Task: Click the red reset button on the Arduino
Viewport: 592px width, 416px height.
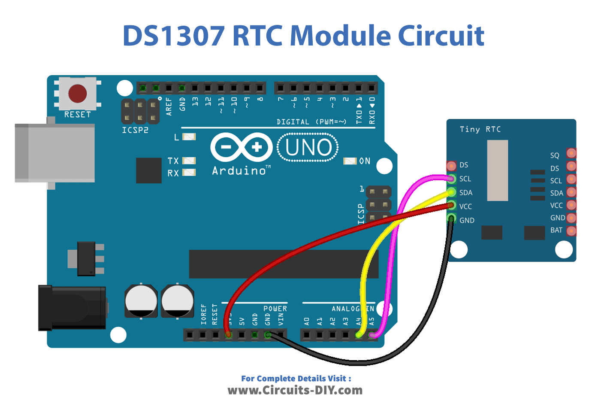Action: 77,93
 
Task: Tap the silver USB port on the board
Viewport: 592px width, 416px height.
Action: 55,153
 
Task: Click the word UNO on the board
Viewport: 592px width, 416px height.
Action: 308,148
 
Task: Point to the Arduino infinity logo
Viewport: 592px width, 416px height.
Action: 242,147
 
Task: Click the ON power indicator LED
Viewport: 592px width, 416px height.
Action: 350,161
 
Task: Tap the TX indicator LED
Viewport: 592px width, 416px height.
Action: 189,161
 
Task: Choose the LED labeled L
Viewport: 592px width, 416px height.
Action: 189,137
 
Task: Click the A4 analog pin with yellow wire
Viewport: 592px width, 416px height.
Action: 359,334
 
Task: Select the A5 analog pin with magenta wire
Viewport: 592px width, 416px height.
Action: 372,334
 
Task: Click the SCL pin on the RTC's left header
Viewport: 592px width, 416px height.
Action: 451,179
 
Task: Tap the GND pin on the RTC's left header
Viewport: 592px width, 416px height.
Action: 451,219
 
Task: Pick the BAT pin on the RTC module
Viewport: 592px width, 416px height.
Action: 571,231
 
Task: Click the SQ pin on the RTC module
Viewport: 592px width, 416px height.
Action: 571,153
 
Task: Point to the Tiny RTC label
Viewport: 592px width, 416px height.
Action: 480,129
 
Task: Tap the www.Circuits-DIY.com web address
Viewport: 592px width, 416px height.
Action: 295,390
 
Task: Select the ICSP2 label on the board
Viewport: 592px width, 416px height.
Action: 135,130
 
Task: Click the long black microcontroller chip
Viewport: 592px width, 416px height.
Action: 284,264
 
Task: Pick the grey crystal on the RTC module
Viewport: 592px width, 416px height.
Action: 498,170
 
